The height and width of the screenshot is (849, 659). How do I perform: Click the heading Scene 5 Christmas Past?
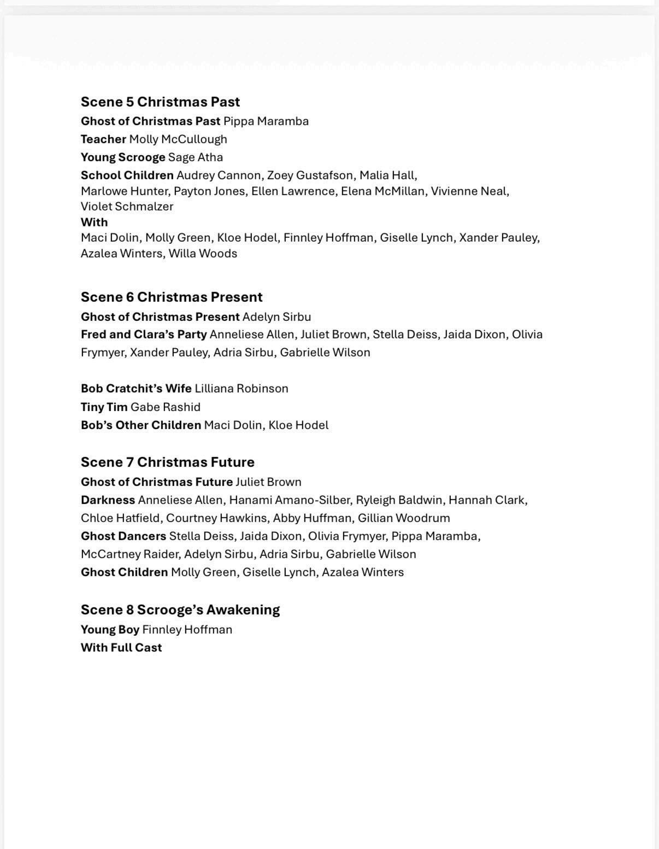[x=160, y=102]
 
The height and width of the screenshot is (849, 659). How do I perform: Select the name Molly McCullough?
[x=178, y=139]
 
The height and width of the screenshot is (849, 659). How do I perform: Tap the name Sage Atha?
[x=195, y=157]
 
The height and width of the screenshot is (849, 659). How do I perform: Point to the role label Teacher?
[x=103, y=139]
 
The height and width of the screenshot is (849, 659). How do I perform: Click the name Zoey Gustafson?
[x=310, y=175]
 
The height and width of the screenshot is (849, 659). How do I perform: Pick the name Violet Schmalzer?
[x=127, y=207]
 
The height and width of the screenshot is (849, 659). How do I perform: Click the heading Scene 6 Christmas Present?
[x=172, y=297]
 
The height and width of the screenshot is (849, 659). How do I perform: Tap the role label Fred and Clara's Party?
[x=144, y=335]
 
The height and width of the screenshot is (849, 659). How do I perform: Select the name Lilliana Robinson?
[x=241, y=389]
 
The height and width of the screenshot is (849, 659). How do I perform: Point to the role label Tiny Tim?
[x=104, y=407]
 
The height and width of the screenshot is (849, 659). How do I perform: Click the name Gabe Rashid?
[x=165, y=407]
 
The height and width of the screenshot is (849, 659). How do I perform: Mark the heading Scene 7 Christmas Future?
[x=167, y=462]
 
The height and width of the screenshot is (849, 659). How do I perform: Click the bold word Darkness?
[x=108, y=500]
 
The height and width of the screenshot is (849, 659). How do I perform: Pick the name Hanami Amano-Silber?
[x=289, y=500]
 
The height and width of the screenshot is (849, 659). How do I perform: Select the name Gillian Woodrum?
[x=404, y=518]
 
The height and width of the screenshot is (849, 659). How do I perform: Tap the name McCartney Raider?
[x=130, y=554]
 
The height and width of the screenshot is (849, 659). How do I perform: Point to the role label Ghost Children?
[x=124, y=572]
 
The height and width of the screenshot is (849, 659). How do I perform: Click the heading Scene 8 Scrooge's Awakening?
[x=180, y=610]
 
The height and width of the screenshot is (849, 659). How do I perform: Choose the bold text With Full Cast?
[x=121, y=648]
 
